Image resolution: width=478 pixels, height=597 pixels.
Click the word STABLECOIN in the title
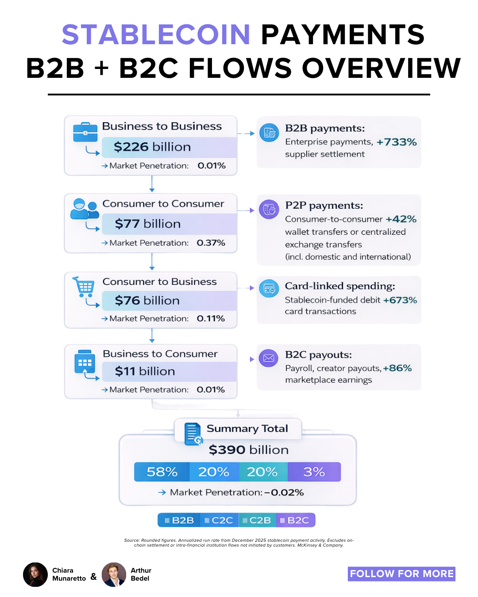click(156, 34)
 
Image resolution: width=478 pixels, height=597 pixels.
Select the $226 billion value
click(152, 147)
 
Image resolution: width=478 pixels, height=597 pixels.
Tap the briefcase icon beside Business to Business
click(85, 132)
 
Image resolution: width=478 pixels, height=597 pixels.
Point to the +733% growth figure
click(397, 142)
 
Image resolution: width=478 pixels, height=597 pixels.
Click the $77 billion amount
click(147, 224)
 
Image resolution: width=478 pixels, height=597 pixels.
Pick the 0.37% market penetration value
click(211, 243)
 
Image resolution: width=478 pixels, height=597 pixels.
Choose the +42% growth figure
click(401, 219)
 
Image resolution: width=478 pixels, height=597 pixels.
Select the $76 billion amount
click(147, 301)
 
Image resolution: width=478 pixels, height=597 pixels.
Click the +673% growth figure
click(400, 300)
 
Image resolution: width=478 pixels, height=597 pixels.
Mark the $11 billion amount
click(145, 371)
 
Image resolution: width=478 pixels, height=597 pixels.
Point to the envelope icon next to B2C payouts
click(269, 358)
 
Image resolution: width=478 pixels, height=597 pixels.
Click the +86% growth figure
click(397, 368)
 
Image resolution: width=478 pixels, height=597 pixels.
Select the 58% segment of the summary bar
click(162, 472)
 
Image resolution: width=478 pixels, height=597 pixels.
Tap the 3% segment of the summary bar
click(314, 472)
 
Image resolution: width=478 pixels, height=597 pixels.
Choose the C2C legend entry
click(219, 520)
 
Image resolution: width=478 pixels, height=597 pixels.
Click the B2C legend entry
click(295, 520)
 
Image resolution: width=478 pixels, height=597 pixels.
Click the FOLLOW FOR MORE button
click(401, 574)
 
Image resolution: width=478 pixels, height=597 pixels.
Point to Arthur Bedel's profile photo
click(114, 574)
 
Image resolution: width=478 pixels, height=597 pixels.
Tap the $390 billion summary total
click(248, 450)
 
